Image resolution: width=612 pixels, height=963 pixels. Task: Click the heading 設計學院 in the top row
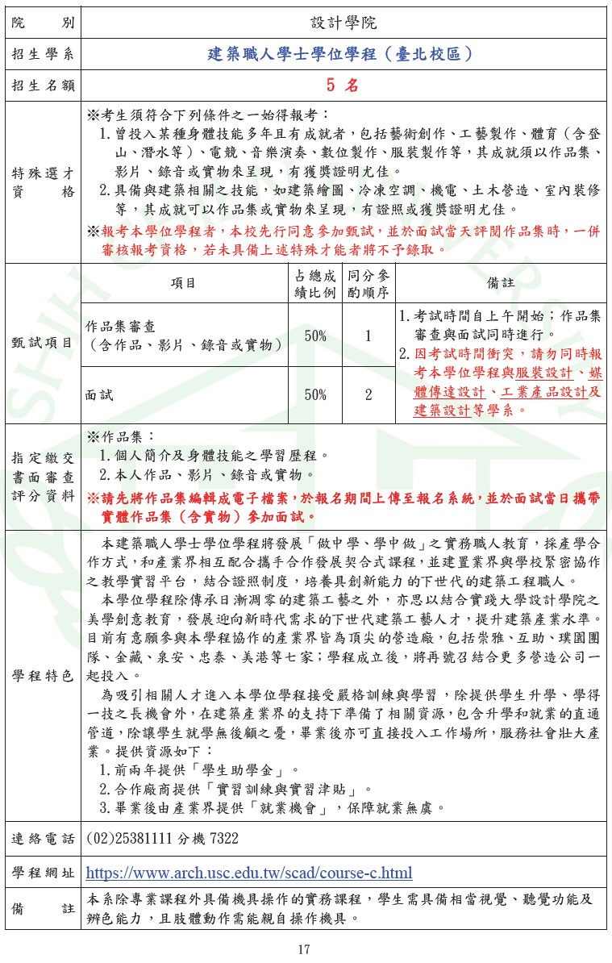[343, 23]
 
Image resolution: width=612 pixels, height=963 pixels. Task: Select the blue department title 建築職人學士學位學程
[339, 54]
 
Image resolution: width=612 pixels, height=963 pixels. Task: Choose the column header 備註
[501, 283]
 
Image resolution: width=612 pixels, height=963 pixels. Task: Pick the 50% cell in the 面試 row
[315, 394]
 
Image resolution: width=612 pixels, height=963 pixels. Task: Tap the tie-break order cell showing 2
[368, 394]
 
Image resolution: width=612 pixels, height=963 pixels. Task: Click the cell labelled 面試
[101, 394]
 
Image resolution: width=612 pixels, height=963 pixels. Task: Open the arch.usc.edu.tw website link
[248, 873]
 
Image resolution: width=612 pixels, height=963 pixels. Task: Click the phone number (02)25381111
[162, 839]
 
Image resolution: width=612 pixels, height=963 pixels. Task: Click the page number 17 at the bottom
[304, 949]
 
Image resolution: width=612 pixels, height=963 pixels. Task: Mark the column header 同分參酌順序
[368, 283]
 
